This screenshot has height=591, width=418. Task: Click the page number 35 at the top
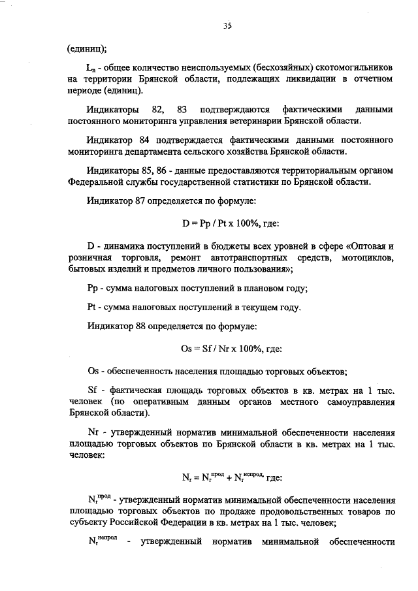click(227, 26)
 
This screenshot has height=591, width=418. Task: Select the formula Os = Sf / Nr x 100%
click(221, 349)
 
